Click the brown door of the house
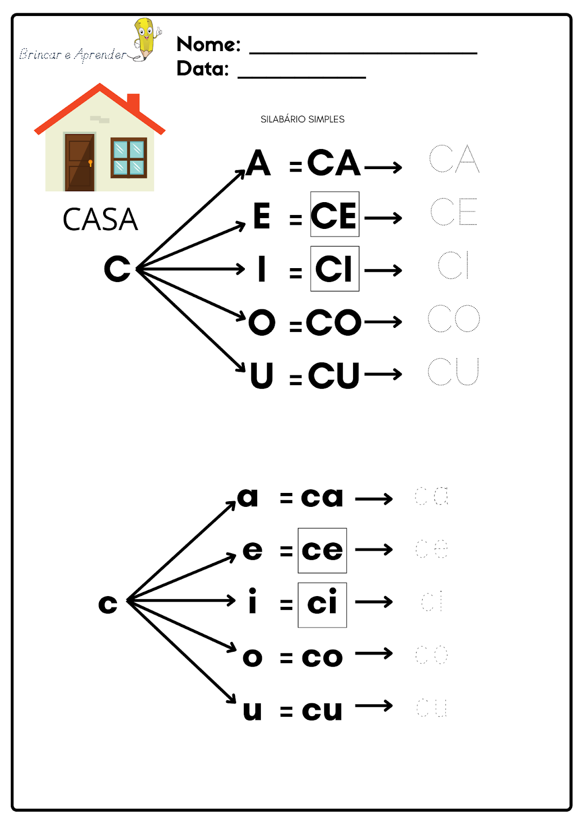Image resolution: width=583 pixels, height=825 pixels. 79,161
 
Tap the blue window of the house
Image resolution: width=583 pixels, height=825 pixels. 128,158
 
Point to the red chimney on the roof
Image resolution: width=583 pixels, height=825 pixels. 134,102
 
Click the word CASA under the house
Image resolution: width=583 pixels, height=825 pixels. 101,220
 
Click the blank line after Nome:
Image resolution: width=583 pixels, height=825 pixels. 363,52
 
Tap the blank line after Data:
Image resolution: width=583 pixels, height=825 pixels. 302,76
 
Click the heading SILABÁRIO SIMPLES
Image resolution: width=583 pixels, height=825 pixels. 303,119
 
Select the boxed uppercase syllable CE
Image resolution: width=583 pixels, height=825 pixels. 335,215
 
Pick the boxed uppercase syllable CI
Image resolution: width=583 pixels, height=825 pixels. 335,269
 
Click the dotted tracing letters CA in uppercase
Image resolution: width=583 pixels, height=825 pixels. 454,159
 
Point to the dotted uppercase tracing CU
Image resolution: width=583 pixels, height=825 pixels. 454,371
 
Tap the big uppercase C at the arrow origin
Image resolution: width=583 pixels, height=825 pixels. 118,269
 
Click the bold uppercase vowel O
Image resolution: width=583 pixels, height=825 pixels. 262,322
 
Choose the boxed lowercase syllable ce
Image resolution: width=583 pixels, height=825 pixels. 322,550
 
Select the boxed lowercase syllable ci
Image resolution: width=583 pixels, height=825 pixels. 322,604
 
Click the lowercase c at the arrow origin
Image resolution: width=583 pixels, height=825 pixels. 108,604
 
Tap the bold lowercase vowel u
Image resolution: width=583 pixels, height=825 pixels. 253,710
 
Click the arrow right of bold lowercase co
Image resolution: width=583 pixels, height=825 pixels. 374,654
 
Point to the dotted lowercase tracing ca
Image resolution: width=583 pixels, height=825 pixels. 432,496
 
